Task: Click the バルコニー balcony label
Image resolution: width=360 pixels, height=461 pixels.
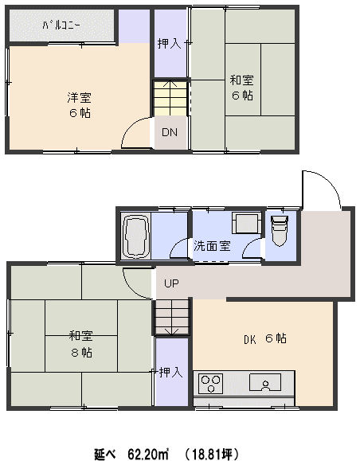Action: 61,25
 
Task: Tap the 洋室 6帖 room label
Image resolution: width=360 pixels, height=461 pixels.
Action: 80,105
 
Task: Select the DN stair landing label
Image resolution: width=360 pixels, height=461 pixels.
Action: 170,132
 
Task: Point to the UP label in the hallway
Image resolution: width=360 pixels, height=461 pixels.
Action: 171,283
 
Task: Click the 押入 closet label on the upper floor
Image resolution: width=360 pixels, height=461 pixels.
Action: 169,44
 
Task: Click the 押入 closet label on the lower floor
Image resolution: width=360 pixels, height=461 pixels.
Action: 171,373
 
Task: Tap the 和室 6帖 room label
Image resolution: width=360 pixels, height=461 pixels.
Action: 242,88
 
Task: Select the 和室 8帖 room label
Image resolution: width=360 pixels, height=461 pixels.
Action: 81,344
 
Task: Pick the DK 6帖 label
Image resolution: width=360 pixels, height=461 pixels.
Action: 265,338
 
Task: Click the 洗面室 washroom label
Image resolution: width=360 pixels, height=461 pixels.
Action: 212,246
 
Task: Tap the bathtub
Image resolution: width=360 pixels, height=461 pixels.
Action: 136,236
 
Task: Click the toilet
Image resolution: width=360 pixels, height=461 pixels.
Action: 280,230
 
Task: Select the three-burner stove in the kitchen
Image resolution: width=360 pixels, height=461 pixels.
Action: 210,384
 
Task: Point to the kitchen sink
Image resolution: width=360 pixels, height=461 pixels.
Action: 265,382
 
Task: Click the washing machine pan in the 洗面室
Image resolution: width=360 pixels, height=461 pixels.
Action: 246,223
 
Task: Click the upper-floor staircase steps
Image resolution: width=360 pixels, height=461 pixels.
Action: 170,98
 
